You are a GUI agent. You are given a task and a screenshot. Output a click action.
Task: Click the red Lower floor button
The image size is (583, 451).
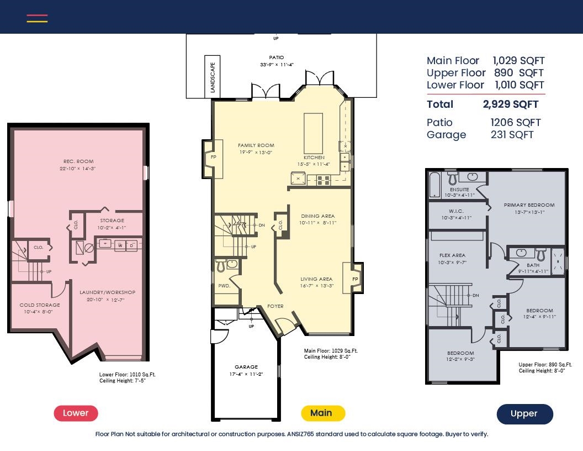coord(76,413)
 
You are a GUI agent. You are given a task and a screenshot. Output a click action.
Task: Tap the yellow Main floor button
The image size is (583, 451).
coord(323,413)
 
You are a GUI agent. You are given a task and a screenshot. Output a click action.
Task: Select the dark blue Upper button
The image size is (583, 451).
coord(524,414)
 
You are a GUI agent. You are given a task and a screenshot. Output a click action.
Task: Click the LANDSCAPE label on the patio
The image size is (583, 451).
coord(213,77)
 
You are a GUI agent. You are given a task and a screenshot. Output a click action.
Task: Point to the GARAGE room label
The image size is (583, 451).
coord(246,367)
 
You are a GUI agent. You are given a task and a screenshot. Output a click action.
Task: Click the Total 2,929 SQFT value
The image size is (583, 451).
coord(511,104)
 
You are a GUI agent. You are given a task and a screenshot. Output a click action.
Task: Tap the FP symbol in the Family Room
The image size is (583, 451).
coord(214,157)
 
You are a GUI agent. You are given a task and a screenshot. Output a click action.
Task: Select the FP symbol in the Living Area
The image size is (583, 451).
coord(355,279)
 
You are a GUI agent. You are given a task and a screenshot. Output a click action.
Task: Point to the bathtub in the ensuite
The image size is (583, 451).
coord(434,184)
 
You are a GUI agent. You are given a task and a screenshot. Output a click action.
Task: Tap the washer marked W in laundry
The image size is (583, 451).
coord(120,245)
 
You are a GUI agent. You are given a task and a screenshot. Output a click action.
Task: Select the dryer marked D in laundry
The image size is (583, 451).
coord(131,245)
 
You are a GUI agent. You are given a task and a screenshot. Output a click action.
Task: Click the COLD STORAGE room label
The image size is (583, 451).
coord(40,305)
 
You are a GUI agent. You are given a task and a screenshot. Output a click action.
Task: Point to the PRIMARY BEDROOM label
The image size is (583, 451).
coord(529,205)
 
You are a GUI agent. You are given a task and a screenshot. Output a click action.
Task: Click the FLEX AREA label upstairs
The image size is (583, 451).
coord(453,255)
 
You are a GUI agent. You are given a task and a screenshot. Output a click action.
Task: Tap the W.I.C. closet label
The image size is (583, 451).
coord(456,211)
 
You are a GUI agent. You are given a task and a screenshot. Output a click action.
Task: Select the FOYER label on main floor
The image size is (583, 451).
coord(275,306)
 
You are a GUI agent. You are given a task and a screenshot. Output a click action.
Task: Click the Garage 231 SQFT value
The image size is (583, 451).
coord(512,135)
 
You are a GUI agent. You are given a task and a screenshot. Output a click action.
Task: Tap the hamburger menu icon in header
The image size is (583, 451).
coord(37,18)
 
